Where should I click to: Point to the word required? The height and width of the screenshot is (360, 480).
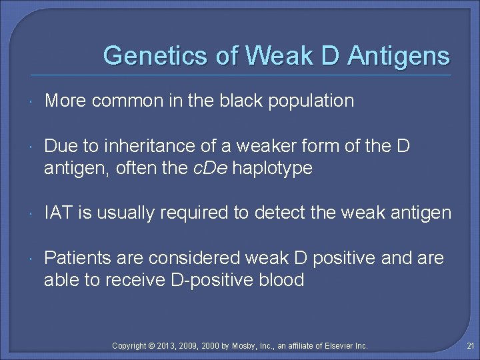click(x=177, y=213)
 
